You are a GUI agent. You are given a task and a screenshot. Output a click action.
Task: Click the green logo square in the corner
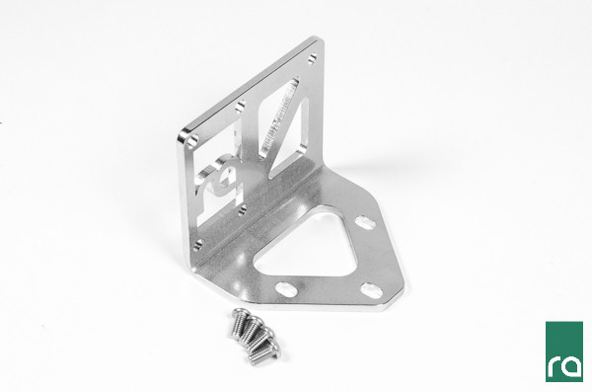(564, 352)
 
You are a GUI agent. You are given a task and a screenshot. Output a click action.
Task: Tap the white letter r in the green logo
(554, 365)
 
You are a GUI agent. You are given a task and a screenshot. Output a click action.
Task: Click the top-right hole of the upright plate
(312, 58)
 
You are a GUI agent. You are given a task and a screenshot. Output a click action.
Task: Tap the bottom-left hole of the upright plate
(197, 245)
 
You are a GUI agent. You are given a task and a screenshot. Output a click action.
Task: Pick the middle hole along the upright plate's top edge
(240, 108)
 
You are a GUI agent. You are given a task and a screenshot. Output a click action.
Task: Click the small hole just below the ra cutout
(243, 209)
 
